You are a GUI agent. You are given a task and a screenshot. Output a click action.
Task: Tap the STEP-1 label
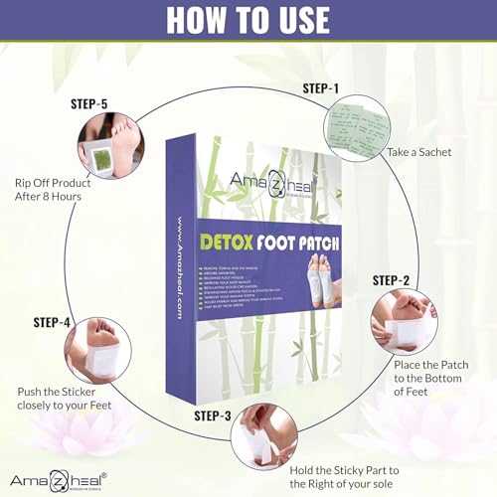tap(320, 89)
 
